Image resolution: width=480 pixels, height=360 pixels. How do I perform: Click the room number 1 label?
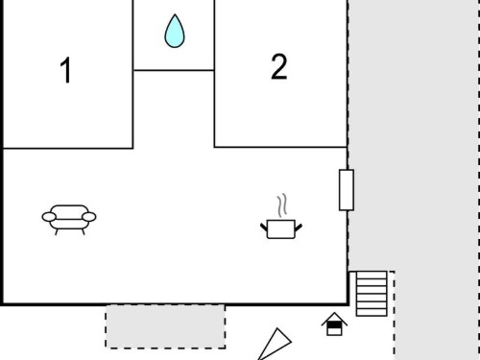[66, 70]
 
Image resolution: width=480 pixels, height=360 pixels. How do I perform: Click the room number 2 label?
[279, 66]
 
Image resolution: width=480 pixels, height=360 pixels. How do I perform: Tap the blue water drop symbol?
[175, 31]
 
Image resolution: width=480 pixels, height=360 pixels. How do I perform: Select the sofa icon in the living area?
[69, 220]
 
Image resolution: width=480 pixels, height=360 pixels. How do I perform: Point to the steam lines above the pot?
[282, 205]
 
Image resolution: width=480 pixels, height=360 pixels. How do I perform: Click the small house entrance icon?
[334, 324]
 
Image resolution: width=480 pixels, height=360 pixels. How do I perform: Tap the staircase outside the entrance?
[372, 294]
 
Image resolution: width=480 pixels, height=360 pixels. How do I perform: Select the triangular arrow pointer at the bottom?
[275, 345]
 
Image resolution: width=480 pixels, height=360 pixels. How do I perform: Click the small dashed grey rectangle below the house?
[165, 326]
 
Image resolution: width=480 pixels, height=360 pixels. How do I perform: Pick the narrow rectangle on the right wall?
[347, 190]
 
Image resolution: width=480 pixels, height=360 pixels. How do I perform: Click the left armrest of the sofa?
[49, 217]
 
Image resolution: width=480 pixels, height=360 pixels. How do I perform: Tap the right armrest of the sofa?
[89, 217]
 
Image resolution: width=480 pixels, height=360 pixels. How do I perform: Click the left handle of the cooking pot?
[264, 228]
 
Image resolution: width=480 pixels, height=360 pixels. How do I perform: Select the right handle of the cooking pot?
[299, 228]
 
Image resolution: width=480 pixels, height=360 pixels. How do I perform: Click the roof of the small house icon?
[334, 318]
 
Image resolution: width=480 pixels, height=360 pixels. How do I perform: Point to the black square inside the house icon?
[334, 325]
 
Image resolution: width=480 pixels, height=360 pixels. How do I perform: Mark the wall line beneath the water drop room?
[174, 70]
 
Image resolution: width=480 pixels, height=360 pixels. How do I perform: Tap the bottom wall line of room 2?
[281, 147]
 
